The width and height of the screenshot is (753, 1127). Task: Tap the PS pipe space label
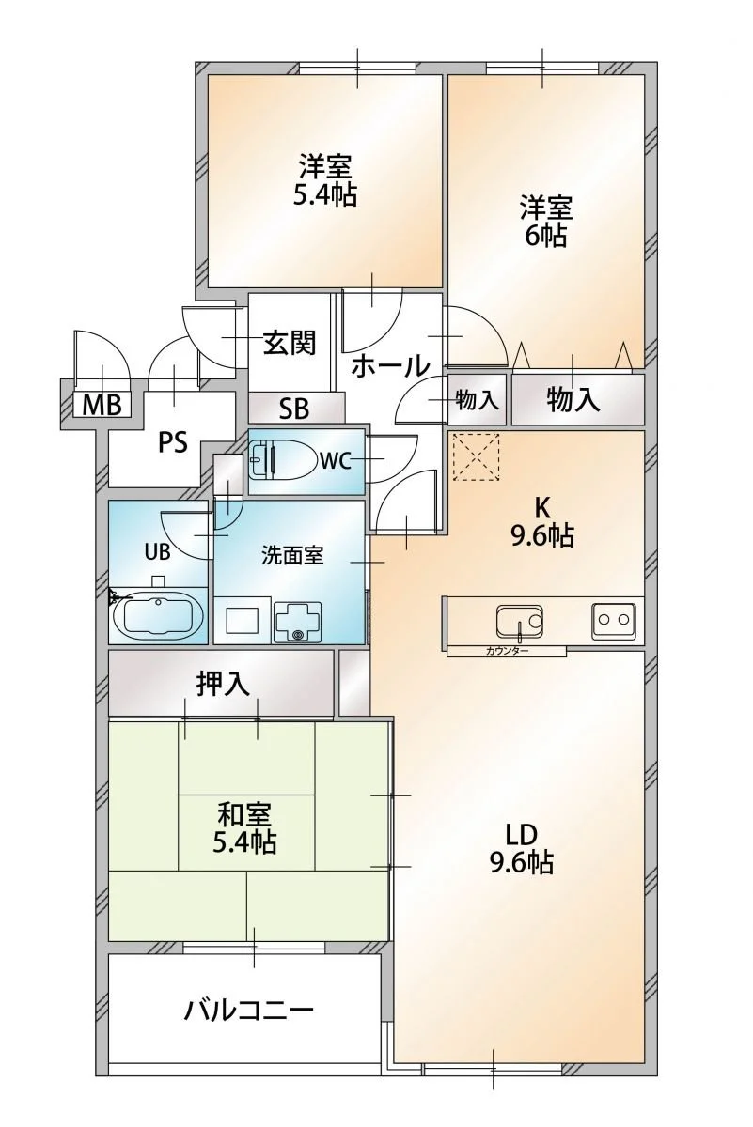click(172, 441)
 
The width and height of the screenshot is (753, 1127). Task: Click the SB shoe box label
click(293, 409)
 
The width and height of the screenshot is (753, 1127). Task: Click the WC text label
click(335, 461)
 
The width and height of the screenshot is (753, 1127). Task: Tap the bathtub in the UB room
click(158, 616)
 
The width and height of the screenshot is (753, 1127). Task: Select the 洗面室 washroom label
click(292, 554)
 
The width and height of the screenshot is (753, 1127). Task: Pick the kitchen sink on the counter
click(519, 620)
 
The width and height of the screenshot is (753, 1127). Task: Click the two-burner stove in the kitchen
click(614, 620)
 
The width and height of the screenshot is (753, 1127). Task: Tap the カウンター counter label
click(507, 651)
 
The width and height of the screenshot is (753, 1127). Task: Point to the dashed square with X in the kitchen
click(478, 457)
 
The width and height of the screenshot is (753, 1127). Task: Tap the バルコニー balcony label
click(248, 1011)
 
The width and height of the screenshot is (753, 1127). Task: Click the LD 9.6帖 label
click(520, 847)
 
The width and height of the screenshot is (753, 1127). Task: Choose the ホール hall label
click(391, 366)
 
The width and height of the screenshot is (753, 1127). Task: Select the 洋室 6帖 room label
click(545, 220)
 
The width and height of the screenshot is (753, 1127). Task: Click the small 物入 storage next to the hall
click(477, 400)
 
